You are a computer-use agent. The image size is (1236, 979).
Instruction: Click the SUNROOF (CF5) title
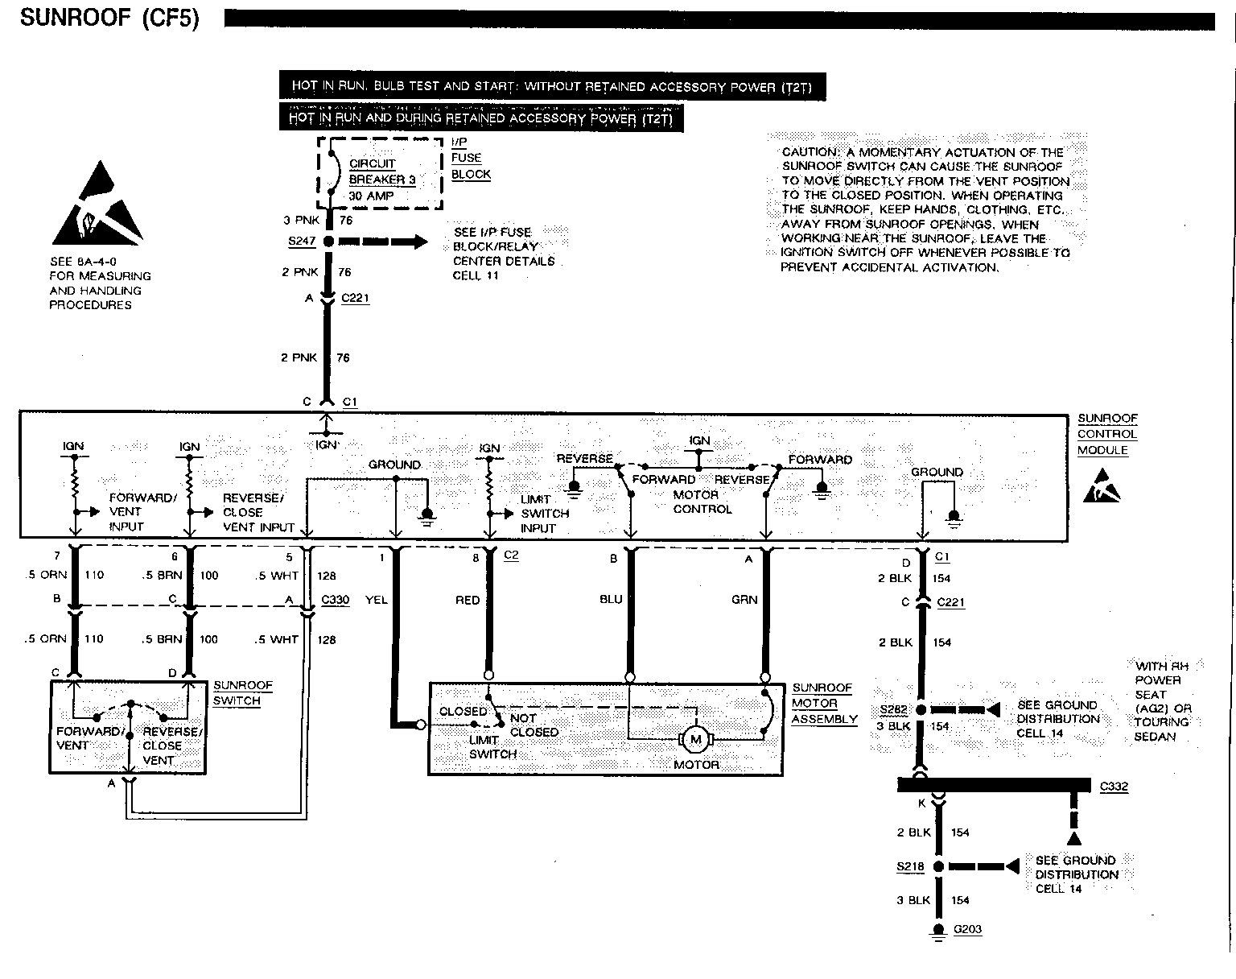click(x=109, y=18)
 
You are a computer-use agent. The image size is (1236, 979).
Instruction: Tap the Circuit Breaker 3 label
click(x=381, y=171)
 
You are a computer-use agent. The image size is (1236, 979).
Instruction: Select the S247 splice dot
click(x=328, y=241)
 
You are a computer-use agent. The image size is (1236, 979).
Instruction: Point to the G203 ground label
click(x=967, y=930)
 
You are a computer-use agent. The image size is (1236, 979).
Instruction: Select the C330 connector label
click(x=335, y=600)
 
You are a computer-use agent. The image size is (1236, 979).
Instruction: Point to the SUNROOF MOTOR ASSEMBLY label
click(x=824, y=704)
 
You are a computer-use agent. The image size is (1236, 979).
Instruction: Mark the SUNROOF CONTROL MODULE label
click(x=1107, y=434)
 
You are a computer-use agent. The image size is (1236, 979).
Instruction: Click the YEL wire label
click(x=377, y=600)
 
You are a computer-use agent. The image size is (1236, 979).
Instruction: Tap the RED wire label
click(x=468, y=600)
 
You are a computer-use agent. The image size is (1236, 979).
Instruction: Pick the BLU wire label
click(x=611, y=600)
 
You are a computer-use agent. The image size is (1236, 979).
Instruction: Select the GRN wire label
click(x=744, y=600)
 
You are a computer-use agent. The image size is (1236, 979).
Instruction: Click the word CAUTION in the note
click(x=811, y=152)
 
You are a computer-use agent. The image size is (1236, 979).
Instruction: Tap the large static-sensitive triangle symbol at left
click(x=97, y=204)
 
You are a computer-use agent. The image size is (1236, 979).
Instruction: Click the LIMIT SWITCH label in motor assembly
click(x=492, y=747)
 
